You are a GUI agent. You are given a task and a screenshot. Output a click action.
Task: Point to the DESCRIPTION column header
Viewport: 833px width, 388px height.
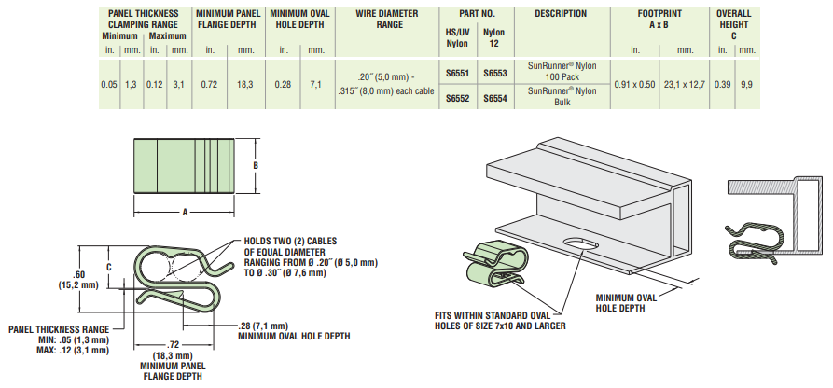[x=561, y=14]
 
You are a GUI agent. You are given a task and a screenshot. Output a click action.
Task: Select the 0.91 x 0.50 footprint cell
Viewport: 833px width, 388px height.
[x=636, y=85]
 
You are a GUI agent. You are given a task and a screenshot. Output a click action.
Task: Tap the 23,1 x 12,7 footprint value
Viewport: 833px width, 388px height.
[x=685, y=85]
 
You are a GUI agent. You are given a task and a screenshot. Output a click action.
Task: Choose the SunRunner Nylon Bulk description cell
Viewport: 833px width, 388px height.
[x=561, y=96]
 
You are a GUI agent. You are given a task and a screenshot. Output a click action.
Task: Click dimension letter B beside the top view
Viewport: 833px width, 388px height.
[x=255, y=165]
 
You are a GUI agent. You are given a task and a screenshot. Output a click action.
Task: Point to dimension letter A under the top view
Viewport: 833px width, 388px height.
[x=185, y=213]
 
